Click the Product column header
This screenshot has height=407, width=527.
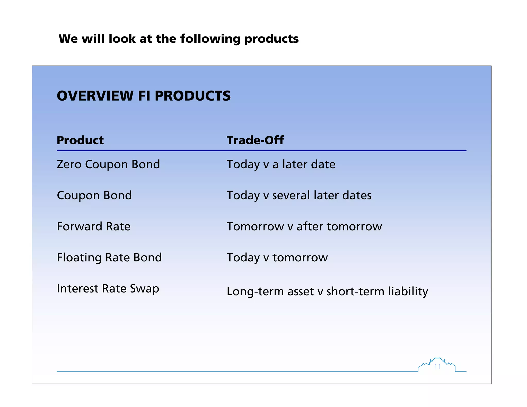point(80,140)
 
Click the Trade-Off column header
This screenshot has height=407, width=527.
point(255,140)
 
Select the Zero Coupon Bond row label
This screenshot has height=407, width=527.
point(108,164)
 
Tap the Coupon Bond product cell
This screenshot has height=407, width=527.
point(94,196)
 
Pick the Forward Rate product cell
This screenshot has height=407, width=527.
point(93,227)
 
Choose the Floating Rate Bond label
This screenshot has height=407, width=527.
point(109,258)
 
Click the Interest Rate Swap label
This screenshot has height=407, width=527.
point(108,289)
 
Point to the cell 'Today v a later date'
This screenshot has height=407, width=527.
point(281,164)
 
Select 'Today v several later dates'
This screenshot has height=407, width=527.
point(299,196)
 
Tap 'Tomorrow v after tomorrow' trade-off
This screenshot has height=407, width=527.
point(304,227)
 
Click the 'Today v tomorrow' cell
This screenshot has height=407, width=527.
point(277,258)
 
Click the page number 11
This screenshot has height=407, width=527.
point(437,367)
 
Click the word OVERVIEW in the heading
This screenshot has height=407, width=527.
point(95,96)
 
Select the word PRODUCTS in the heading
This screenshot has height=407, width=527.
point(192,96)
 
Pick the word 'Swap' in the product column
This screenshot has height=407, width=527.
point(144,289)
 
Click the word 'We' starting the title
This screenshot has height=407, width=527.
point(68,39)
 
